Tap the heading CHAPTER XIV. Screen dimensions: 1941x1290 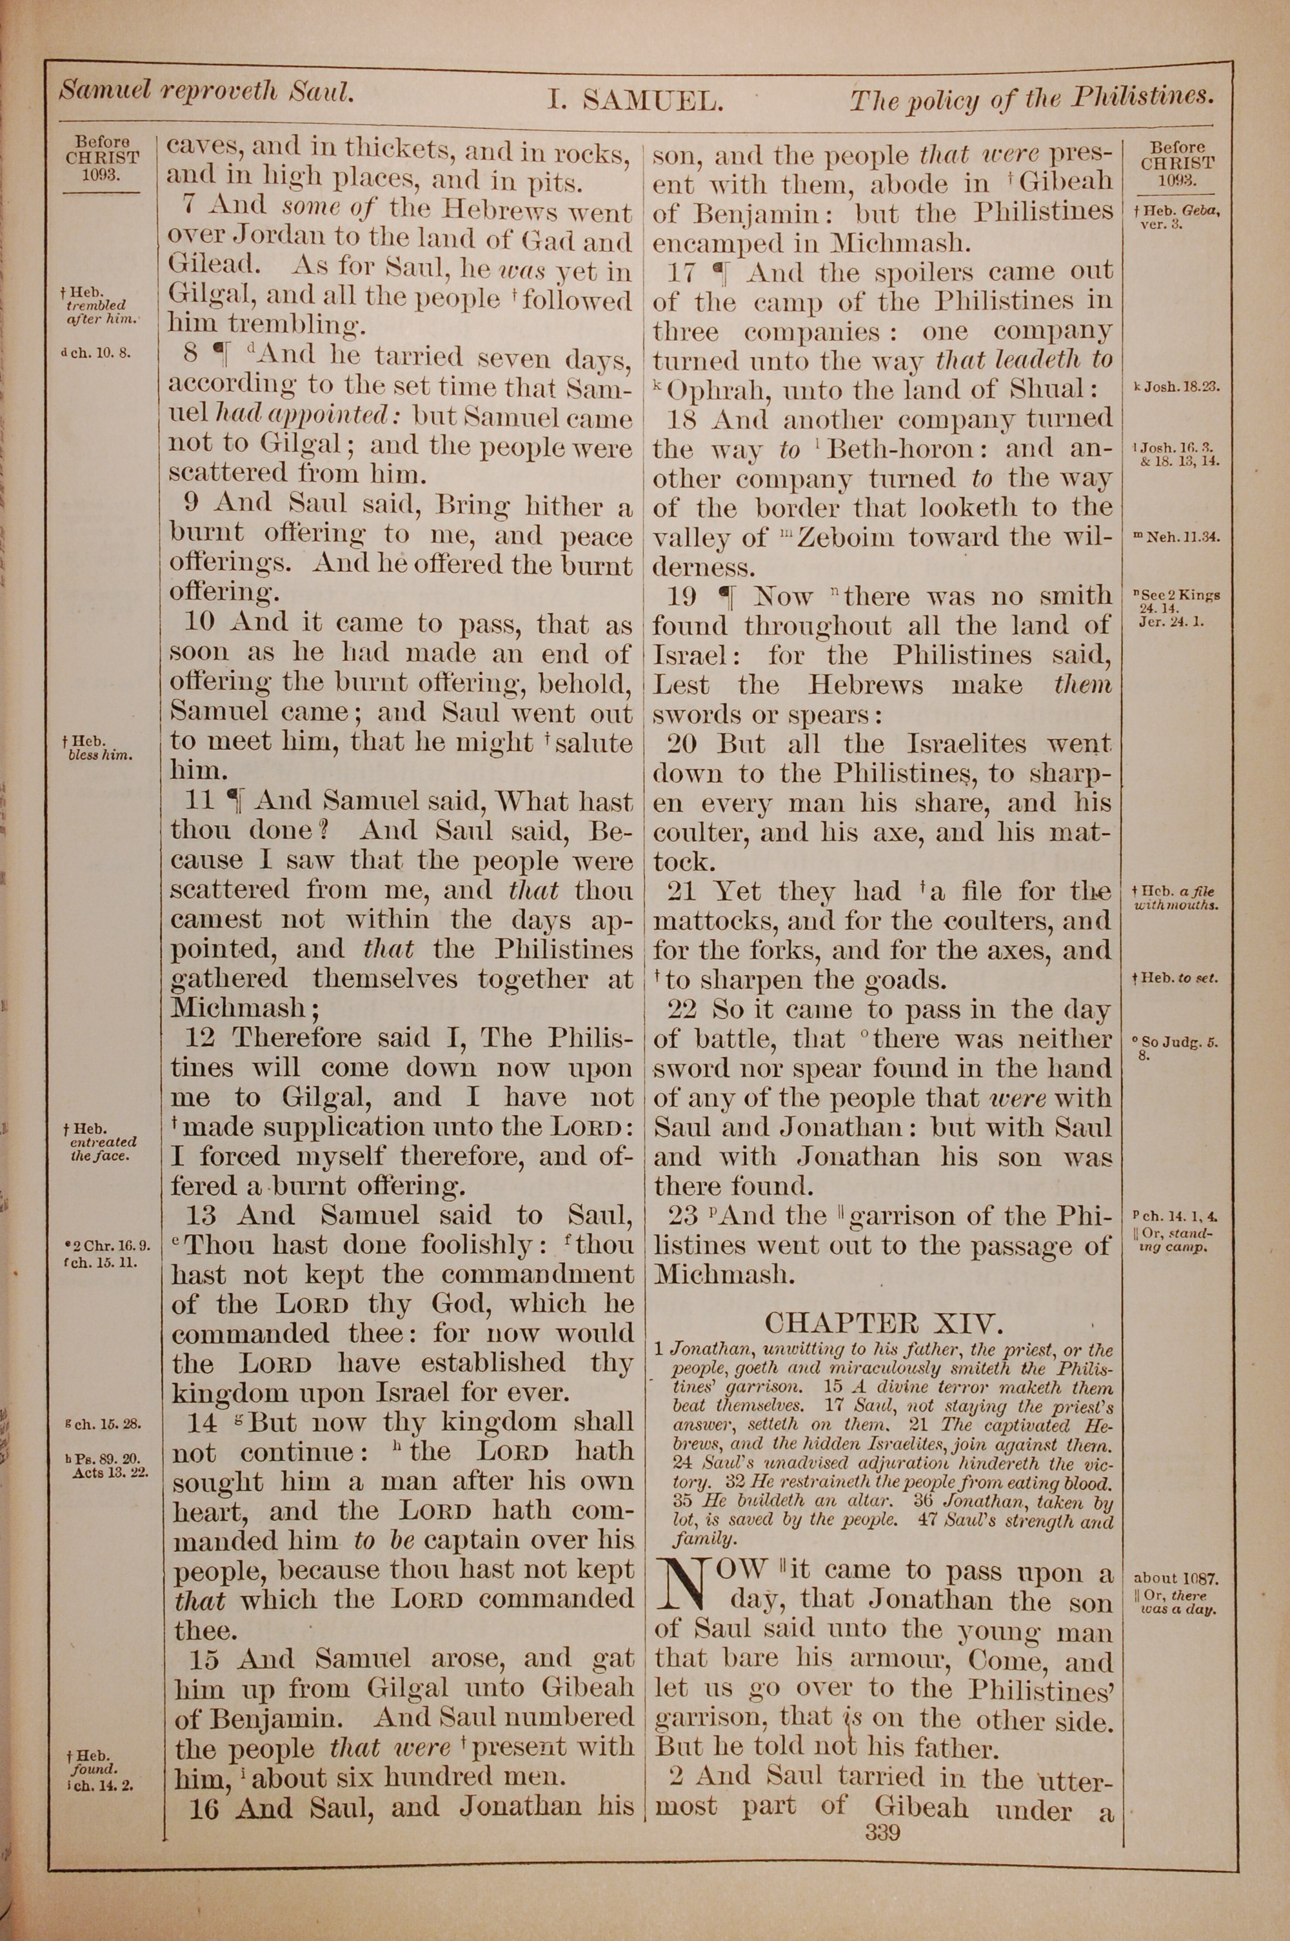[884, 1323]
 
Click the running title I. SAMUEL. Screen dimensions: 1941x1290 [635, 101]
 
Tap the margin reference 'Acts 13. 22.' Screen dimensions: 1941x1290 [111, 1473]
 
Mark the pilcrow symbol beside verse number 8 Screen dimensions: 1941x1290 [221, 355]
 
